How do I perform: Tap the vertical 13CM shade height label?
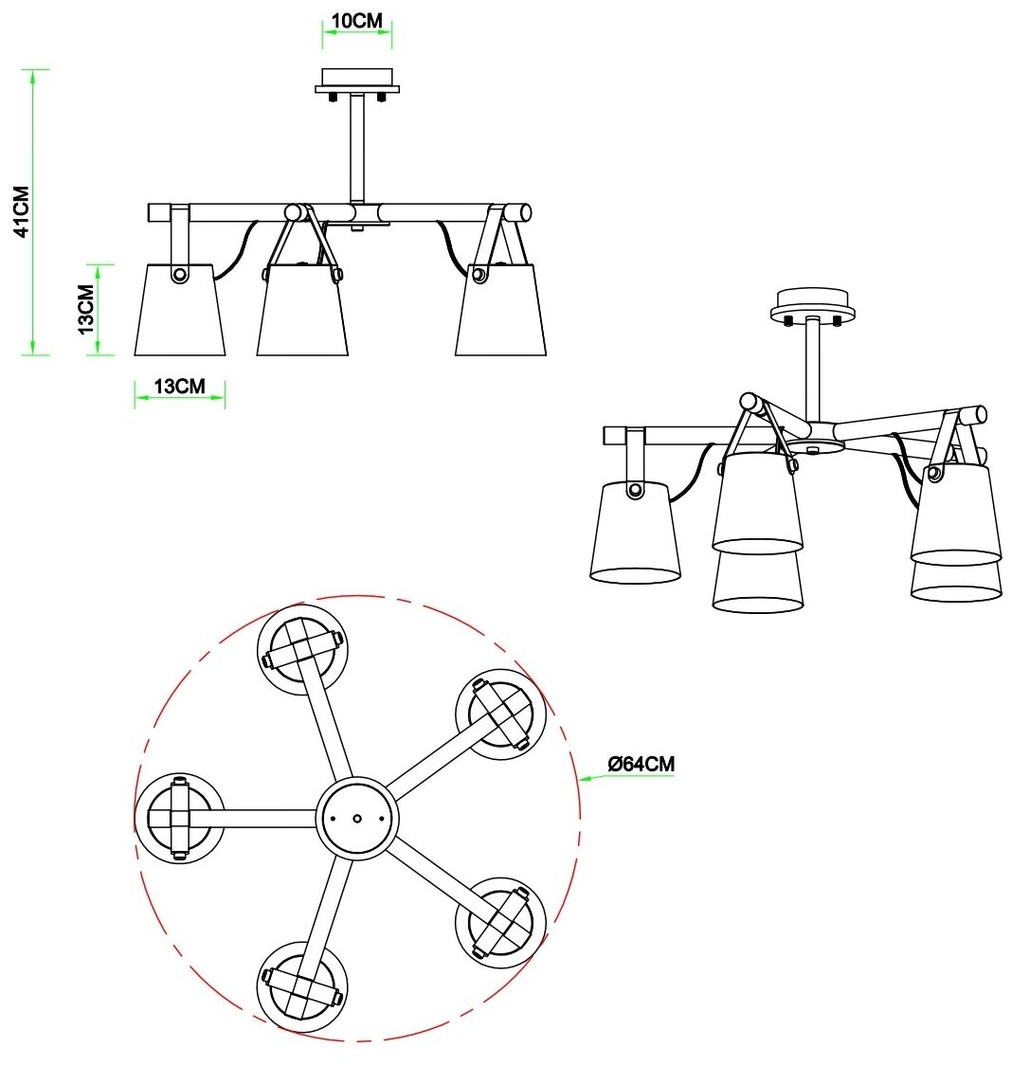point(86,309)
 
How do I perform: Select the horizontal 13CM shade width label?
point(180,386)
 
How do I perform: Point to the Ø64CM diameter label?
point(642,763)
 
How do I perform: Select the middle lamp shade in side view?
point(302,312)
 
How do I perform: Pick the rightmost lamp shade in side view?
point(501,312)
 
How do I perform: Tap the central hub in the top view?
point(356,818)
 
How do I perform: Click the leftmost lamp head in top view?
point(179,817)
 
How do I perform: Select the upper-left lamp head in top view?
point(302,649)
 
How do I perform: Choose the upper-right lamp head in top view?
point(500,714)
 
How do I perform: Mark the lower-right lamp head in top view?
point(500,922)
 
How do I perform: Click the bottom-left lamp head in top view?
point(302,986)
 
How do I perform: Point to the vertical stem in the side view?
point(357,147)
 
